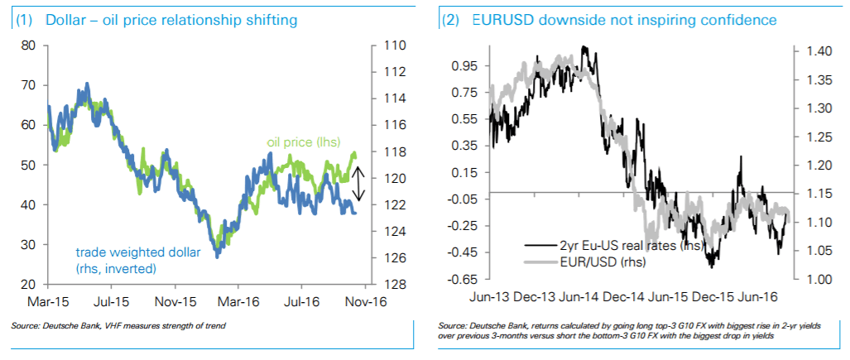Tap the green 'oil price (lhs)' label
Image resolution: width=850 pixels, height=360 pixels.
click(x=303, y=142)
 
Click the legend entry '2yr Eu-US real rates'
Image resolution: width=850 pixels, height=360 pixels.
click(x=617, y=245)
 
